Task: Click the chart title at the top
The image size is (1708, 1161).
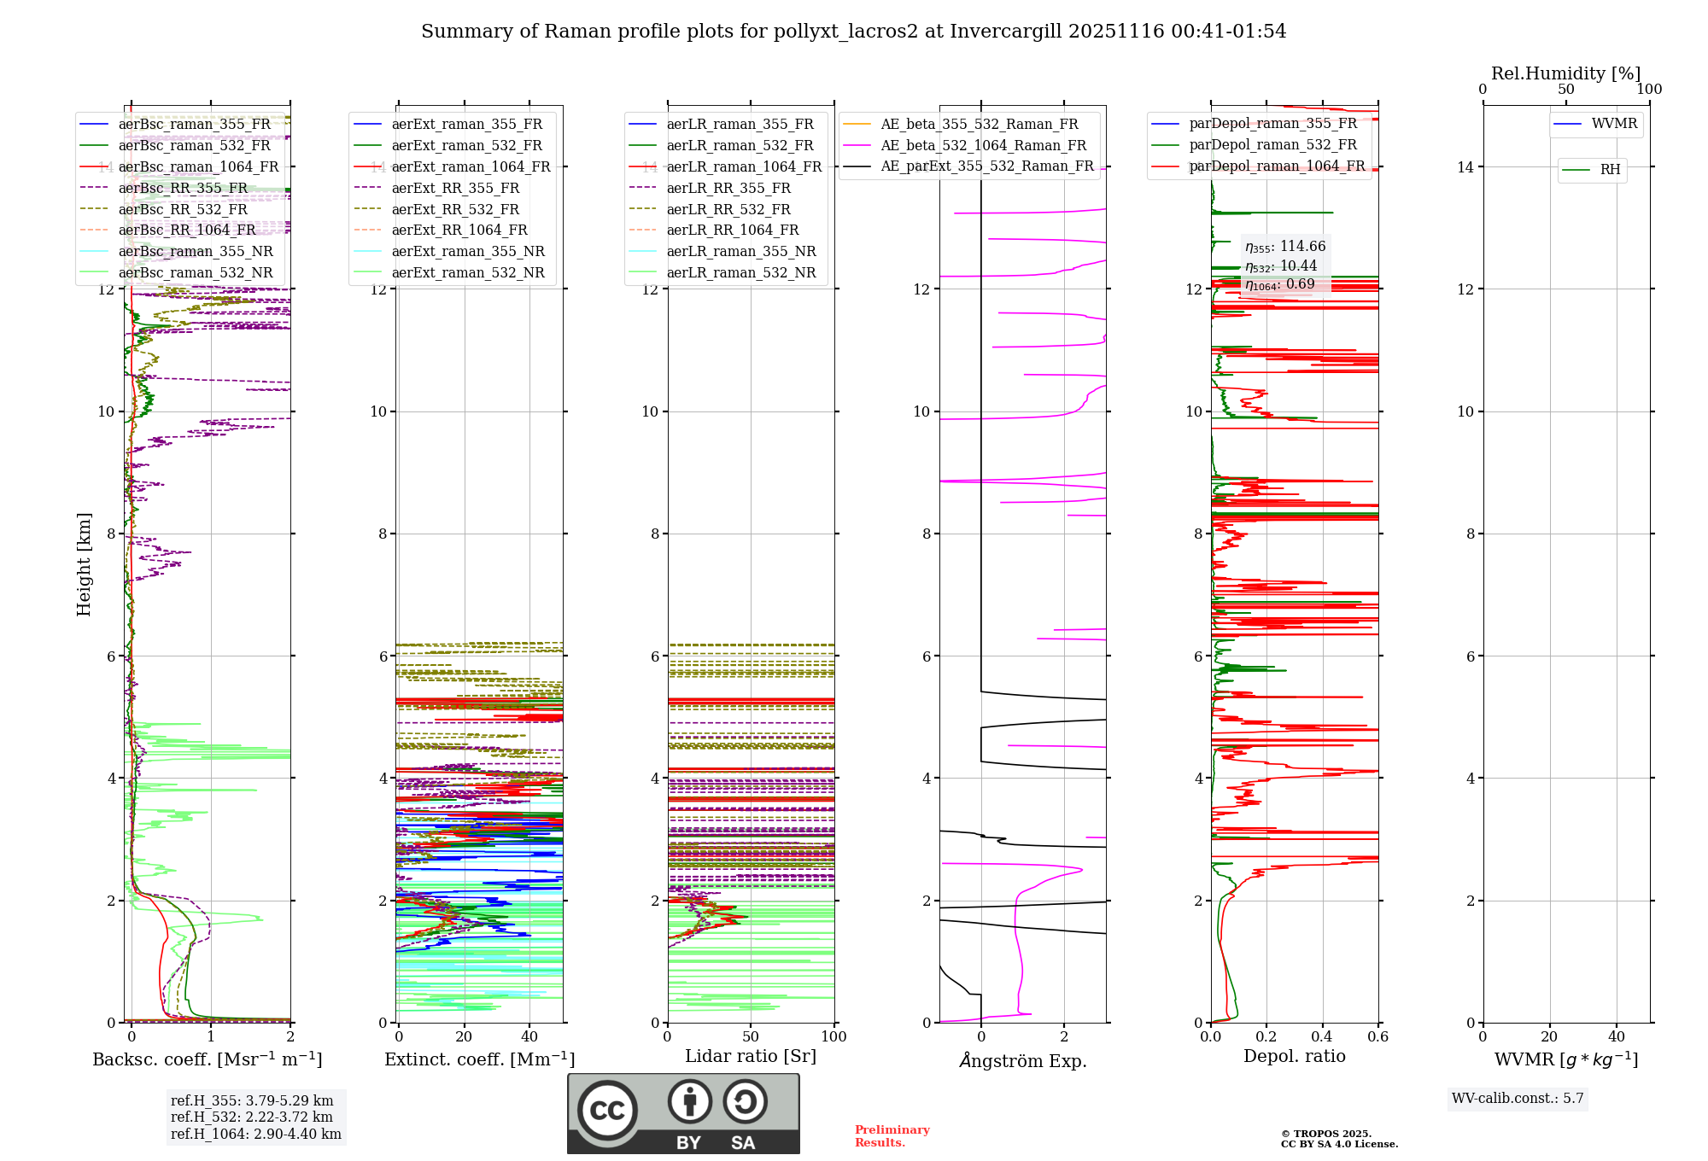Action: [853, 32]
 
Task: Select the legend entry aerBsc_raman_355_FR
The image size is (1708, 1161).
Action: [194, 125]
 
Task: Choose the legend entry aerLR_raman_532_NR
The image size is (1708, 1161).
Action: [740, 273]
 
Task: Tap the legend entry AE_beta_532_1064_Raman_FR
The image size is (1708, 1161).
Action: [983, 146]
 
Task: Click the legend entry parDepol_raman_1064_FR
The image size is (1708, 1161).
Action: [1277, 166]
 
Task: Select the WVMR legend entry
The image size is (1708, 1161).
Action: [1614, 125]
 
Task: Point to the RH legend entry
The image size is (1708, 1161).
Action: [1610, 170]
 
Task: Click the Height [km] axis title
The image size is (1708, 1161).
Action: [84, 564]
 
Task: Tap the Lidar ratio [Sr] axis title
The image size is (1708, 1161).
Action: [751, 1057]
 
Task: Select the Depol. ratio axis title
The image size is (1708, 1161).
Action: [1294, 1057]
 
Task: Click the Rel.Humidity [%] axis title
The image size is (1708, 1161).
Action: [1565, 73]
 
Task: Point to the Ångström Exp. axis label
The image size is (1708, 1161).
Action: [1022, 1061]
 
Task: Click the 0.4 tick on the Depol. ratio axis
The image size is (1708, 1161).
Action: [1322, 1037]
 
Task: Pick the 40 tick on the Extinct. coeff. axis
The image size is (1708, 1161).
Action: [529, 1037]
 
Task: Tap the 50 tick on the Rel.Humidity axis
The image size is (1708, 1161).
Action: [1565, 90]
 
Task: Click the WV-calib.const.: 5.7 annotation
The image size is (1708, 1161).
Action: [1517, 1099]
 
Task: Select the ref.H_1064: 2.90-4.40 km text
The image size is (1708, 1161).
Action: [255, 1135]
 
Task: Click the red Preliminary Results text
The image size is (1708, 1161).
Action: [892, 1136]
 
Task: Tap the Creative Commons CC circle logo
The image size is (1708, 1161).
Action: [607, 1111]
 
